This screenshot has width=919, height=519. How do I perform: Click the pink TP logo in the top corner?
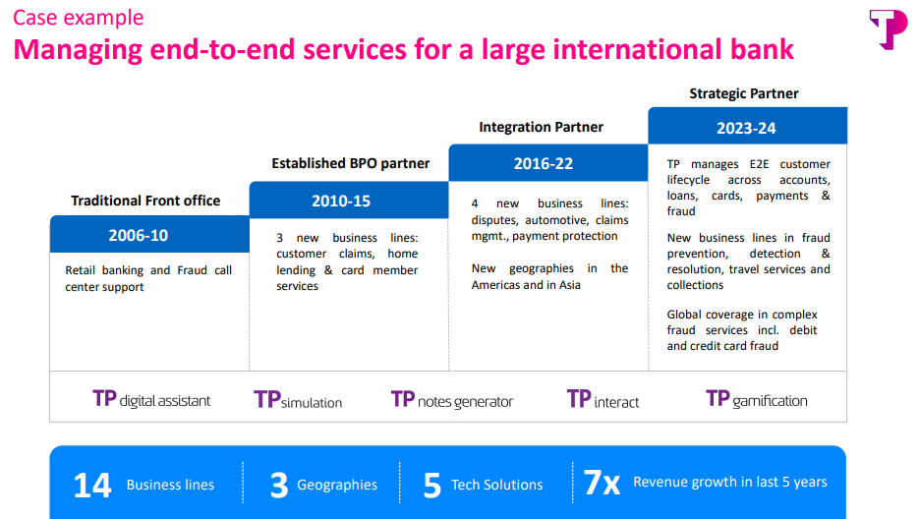[888, 29]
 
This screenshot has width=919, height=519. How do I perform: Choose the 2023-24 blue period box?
[747, 127]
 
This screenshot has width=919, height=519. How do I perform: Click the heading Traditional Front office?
[145, 201]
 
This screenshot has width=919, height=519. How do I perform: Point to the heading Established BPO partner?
[350, 163]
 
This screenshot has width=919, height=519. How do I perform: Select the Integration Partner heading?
[541, 127]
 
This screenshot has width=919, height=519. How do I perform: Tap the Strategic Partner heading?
[743, 93]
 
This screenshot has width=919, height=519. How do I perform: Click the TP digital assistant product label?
[151, 399]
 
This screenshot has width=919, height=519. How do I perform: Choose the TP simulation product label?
[298, 399]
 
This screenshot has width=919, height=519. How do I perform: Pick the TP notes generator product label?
[452, 399]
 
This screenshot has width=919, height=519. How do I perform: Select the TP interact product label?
[603, 399]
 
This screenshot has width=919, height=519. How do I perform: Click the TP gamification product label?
[756, 399]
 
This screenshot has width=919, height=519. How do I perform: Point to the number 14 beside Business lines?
[92, 485]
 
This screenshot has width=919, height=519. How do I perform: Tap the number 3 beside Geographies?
[279, 485]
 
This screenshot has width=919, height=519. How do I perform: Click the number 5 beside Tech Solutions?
[431, 485]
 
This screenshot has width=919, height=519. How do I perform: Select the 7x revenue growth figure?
[602, 483]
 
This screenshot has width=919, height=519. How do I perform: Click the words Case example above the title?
[79, 18]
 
